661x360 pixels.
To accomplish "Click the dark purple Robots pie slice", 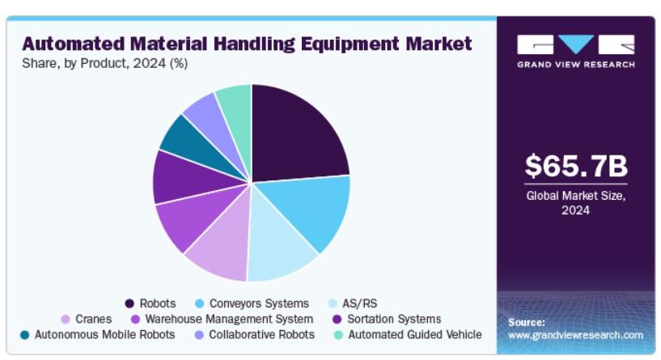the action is tap(295, 135).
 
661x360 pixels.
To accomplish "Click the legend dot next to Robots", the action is tap(129, 303).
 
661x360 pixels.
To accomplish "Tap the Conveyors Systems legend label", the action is tap(259, 303).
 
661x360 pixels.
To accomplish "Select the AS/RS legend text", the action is tap(359, 303).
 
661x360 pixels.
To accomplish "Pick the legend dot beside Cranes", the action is tap(66, 319).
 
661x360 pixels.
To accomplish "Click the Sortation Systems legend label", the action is tap(394, 319).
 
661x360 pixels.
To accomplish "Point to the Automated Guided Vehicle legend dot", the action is tap(338, 335).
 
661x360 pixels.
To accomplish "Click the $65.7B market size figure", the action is tap(576, 166).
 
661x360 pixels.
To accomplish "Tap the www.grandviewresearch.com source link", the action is tap(575, 335).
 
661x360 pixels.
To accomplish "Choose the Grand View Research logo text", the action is tap(576, 65).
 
